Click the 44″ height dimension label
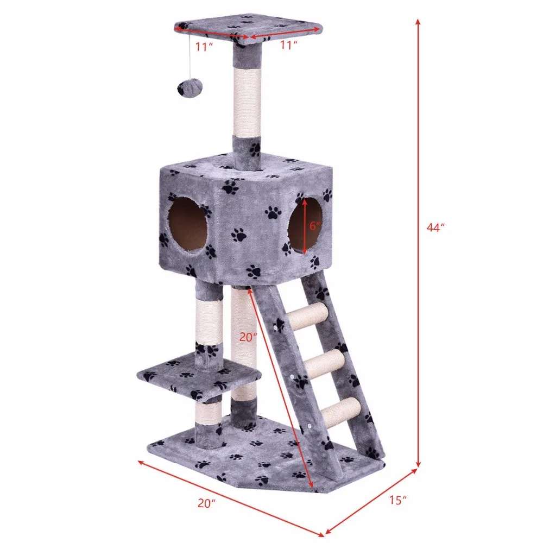click(435, 228)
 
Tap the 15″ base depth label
click(397, 500)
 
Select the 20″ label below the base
click(207, 503)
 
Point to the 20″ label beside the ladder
click(248, 337)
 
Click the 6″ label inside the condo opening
click(315, 226)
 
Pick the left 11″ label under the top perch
click(204, 46)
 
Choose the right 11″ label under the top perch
click(289, 45)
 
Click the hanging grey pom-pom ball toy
click(190, 90)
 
